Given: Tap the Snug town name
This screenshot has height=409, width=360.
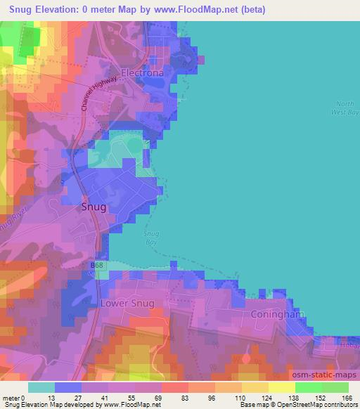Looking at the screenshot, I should tap(94, 207).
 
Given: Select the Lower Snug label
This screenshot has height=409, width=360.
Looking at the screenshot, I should tap(127, 304).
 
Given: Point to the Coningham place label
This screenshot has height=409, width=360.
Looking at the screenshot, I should tap(278, 314).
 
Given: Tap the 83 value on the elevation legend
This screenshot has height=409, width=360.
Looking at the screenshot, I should tap(175, 398).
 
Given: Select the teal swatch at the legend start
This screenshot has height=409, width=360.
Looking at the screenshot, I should tap(42, 387).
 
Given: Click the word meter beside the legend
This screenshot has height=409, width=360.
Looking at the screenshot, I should tap(12, 398).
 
